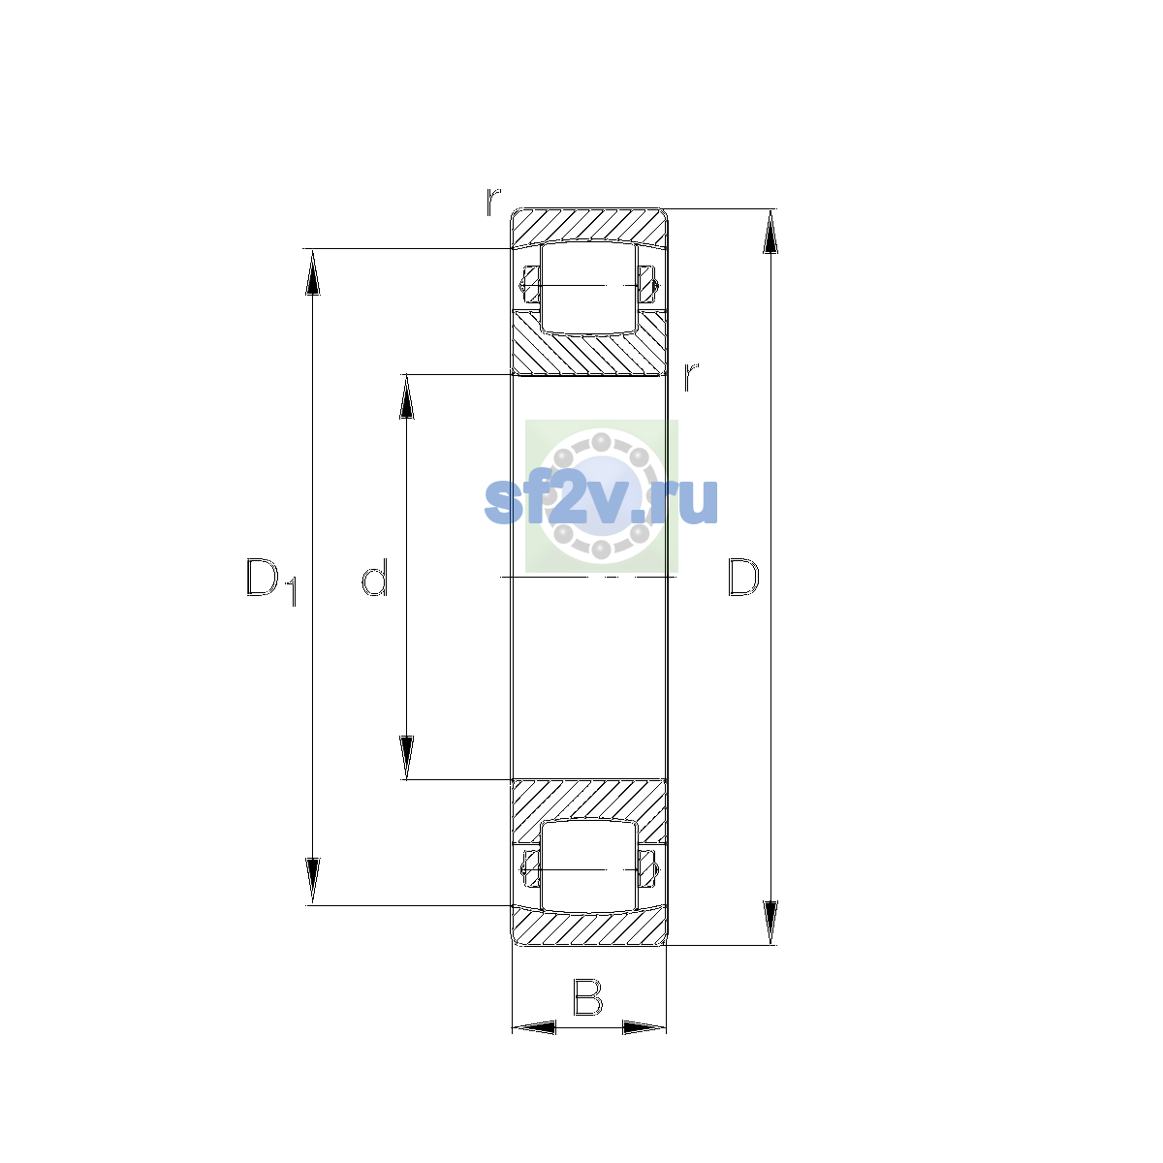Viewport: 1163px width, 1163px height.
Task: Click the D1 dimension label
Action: click(x=271, y=581)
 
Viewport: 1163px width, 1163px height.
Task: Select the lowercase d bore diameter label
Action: click(x=374, y=577)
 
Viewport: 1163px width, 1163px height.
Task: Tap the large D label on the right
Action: click(x=743, y=577)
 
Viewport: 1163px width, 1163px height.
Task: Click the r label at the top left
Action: click(x=493, y=202)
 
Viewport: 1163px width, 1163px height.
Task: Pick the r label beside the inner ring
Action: click(x=691, y=377)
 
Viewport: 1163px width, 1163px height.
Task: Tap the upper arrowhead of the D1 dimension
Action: click(x=313, y=272)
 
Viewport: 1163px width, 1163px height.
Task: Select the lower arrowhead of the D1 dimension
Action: click(x=313, y=881)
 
